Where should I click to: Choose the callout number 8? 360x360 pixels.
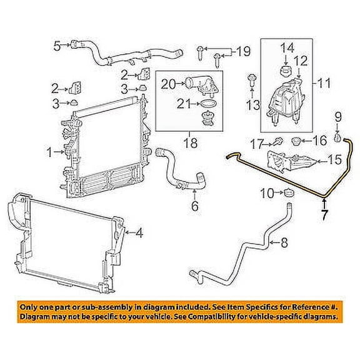coord(284,242)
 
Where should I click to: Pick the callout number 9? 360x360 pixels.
coord(337,116)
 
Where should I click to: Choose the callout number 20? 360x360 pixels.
coord(167,82)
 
